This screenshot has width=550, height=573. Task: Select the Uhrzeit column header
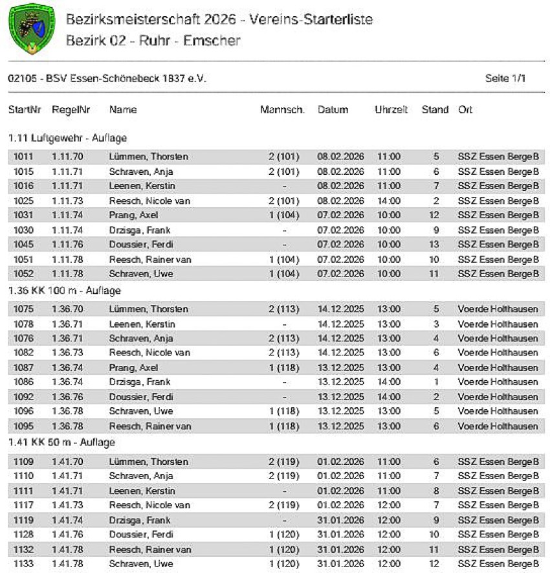click(391, 110)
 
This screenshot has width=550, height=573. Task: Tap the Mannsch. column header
click(282, 110)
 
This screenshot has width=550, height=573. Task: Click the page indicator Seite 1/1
click(505, 78)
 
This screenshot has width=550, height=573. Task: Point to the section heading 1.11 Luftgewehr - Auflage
click(67, 138)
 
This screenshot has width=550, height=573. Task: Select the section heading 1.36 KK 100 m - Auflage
click(64, 291)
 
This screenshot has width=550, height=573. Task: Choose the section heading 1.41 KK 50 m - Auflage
click(61, 442)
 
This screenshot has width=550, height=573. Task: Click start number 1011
click(23, 157)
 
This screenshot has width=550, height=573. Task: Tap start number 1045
click(23, 244)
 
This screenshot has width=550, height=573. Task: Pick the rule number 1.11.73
click(68, 201)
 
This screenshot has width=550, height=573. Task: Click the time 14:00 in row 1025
click(389, 201)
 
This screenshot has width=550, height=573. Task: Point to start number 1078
click(23, 324)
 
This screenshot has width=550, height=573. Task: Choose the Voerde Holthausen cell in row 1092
click(498, 397)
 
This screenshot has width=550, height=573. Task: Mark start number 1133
click(23, 563)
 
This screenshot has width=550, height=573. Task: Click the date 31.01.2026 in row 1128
click(341, 535)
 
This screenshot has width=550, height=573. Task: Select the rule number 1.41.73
click(68, 505)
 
